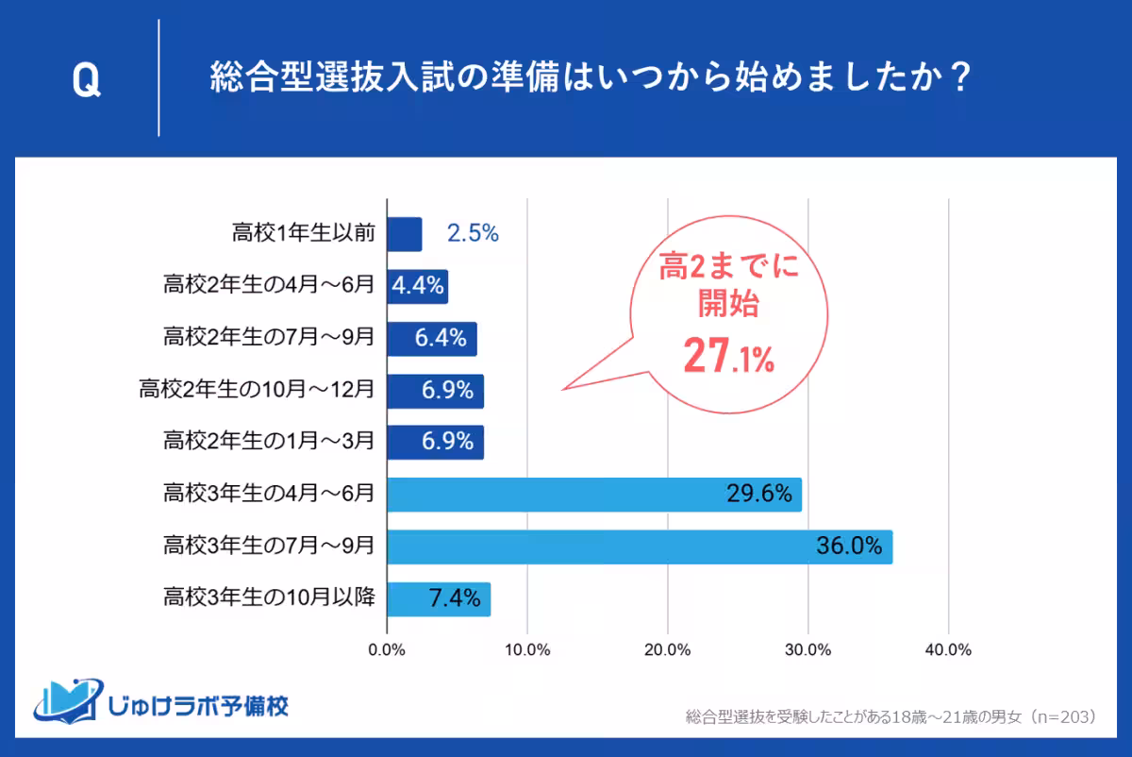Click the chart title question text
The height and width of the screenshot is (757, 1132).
coord(590,78)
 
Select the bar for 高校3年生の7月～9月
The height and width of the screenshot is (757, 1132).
coord(640,547)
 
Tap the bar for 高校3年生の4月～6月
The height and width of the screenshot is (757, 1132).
coord(594,495)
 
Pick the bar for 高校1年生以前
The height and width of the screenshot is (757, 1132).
coord(405,234)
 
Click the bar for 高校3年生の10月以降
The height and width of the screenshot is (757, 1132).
coord(439,598)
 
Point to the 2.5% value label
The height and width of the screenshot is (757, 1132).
coord(472,234)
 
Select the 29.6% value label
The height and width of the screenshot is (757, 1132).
coord(758,495)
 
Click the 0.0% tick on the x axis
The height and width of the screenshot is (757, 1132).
coord(387,650)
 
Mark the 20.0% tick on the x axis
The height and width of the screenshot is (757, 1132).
coord(668,650)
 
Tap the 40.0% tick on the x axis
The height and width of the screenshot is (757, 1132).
coord(948,650)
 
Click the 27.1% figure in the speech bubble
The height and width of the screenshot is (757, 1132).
coord(727,356)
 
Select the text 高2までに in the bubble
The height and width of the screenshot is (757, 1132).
coord(727,269)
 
